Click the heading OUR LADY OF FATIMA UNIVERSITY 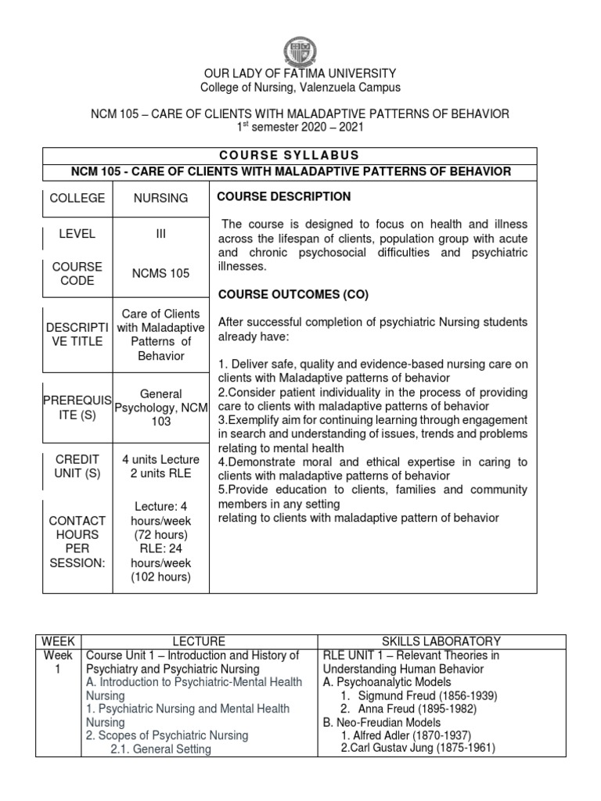tap(300, 73)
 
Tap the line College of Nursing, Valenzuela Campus tap(300, 88)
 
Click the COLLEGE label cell tap(77, 198)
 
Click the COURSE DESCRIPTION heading tap(283, 196)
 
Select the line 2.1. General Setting tap(160, 749)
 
